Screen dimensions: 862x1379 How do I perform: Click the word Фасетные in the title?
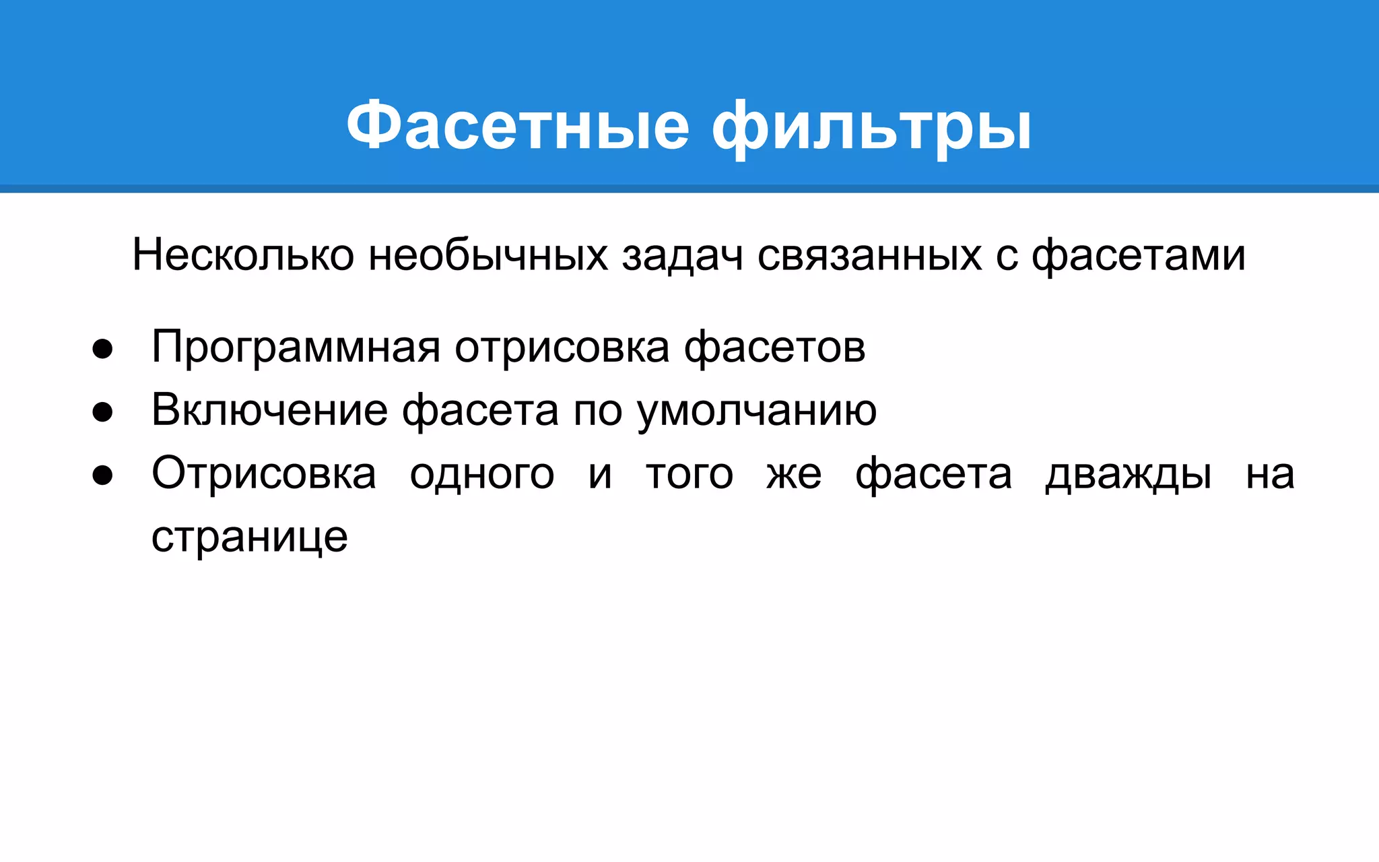point(518,125)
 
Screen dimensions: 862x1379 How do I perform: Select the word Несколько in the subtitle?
point(243,255)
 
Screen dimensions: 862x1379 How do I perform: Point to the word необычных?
point(488,255)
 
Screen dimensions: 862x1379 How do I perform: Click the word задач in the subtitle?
point(682,255)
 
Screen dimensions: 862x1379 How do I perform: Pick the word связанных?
point(869,255)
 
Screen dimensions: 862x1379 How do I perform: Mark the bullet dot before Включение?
point(102,412)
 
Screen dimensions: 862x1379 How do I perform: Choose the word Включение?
point(269,410)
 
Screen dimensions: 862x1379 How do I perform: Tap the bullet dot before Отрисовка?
point(102,475)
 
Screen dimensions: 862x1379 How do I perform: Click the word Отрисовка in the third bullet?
point(264,473)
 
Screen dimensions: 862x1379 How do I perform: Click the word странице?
point(249,537)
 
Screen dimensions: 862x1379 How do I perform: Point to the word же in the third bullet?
point(795,474)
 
